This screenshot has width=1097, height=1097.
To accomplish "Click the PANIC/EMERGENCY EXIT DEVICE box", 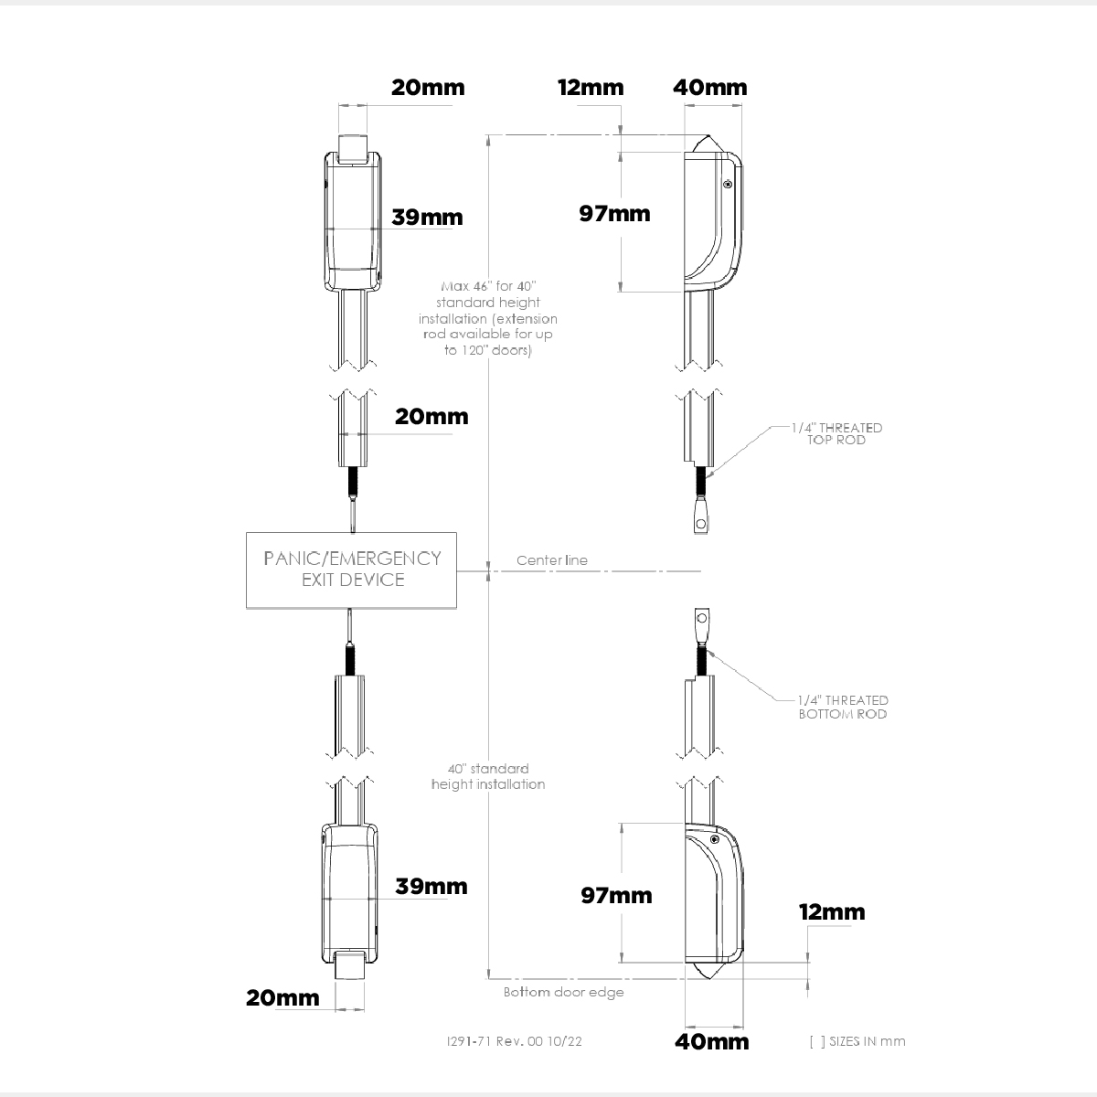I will [352, 570].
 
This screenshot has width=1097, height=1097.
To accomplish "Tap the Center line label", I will [552, 560].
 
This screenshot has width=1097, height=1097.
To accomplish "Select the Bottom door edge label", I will [563, 992].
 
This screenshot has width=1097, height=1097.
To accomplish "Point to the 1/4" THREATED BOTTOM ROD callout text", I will [843, 707].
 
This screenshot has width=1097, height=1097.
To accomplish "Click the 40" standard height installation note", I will [488, 776].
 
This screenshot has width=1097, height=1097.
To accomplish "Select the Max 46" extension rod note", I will [488, 319].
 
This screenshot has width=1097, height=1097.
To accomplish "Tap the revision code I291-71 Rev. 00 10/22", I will [514, 1040].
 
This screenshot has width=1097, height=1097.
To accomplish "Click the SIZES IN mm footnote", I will [857, 1041].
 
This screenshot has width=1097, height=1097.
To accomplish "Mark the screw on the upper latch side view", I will [727, 185].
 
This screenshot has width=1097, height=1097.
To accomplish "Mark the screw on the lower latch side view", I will [715, 839].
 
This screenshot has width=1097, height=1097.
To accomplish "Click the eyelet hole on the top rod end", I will [701, 524].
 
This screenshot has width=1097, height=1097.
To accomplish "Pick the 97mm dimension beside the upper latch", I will [615, 214].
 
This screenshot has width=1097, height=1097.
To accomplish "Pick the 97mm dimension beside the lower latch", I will [617, 896].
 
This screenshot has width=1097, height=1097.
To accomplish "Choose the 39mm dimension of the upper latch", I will [427, 218].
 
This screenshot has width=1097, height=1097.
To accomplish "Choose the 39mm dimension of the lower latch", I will [431, 887].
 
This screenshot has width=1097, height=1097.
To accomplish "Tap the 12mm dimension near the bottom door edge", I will [832, 912].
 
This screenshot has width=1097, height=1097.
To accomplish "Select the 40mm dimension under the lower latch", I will [712, 1041].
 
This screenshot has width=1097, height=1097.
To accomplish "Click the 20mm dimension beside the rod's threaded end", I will [431, 417].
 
